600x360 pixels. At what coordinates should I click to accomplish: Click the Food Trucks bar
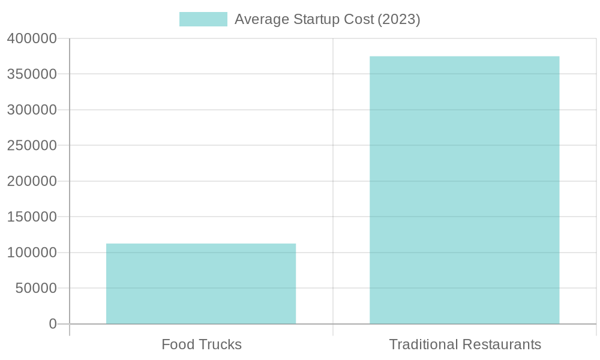click(201, 283)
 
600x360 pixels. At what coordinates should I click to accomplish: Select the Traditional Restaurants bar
click(464, 190)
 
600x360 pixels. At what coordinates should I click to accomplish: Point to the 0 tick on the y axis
click(53, 324)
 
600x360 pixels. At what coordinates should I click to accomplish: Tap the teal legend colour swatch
click(203, 19)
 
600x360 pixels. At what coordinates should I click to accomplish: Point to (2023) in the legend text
click(398, 19)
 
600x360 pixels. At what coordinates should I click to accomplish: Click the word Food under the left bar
click(178, 345)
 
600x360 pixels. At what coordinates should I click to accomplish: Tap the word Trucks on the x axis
click(220, 345)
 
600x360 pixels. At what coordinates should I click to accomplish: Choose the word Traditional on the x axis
click(424, 345)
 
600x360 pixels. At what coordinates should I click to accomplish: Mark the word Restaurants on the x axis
click(503, 345)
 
